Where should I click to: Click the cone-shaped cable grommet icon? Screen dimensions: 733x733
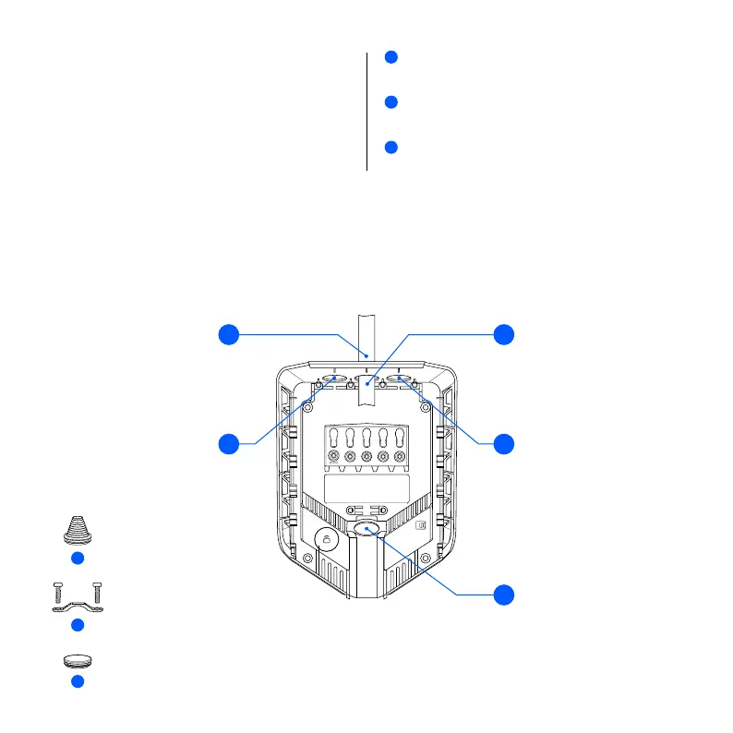(x=78, y=531)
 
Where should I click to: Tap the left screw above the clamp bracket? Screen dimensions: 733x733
(x=58, y=589)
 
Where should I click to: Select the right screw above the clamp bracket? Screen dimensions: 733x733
(x=97, y=589)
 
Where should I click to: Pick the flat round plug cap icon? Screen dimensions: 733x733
(x=78, y=661)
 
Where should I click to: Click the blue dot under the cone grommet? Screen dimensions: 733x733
(x=78, y=559)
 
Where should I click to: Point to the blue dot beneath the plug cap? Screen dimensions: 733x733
(x=78, y=681)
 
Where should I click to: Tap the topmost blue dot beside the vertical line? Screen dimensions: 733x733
(x=391, y=57)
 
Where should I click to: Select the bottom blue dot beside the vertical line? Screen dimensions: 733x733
(x=391, y=148)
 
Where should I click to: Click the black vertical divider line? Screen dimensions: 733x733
(x=367, y=111)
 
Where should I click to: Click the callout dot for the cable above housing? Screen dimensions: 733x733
(x=227, y=335)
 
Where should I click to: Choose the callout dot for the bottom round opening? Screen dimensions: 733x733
(x=503, y=595)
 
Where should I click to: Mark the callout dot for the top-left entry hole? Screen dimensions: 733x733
(x=227, y=444)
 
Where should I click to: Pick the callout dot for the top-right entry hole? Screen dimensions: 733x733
(x=503, y=444)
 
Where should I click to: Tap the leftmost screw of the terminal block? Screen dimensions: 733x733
(x=334, y=457)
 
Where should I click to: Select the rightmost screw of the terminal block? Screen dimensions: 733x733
(x=400, y=457)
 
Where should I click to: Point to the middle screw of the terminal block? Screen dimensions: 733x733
(x=367, y=457)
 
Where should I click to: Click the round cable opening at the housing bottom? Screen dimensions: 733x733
(x=366, y=528)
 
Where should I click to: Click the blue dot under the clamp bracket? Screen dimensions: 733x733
(x=78, y=625)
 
